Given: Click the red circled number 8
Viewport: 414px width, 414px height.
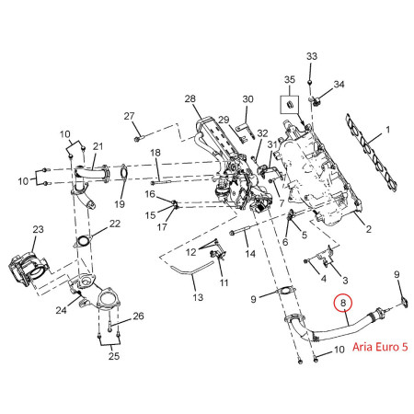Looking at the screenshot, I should (x=343, y=302).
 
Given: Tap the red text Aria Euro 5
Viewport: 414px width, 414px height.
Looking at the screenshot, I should (x=380, y=350).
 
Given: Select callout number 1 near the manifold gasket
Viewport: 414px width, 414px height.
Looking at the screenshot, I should (x=388, y=131).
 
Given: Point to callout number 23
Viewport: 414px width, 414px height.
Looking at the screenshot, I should (x=38, y=230).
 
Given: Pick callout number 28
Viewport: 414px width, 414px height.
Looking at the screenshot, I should (x=190, y=99).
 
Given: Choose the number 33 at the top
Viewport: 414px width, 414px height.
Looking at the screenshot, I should (x=311, y=57).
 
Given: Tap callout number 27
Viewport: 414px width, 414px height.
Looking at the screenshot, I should (x=129, y=117).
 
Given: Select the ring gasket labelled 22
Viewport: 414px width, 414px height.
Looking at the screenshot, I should (x=83, y=242).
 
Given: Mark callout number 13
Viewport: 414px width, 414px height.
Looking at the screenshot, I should (x=198, y=299).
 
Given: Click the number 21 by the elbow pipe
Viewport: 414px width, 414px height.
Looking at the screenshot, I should (x=98, y=147).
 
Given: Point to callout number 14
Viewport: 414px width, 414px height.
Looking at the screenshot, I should (x=249, y=251).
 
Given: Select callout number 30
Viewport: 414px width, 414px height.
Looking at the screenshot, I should (x=247, y=99).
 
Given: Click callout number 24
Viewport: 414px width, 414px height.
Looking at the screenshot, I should (x=61, y=311).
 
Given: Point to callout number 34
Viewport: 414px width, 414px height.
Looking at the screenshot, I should (x=339, y=85).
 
